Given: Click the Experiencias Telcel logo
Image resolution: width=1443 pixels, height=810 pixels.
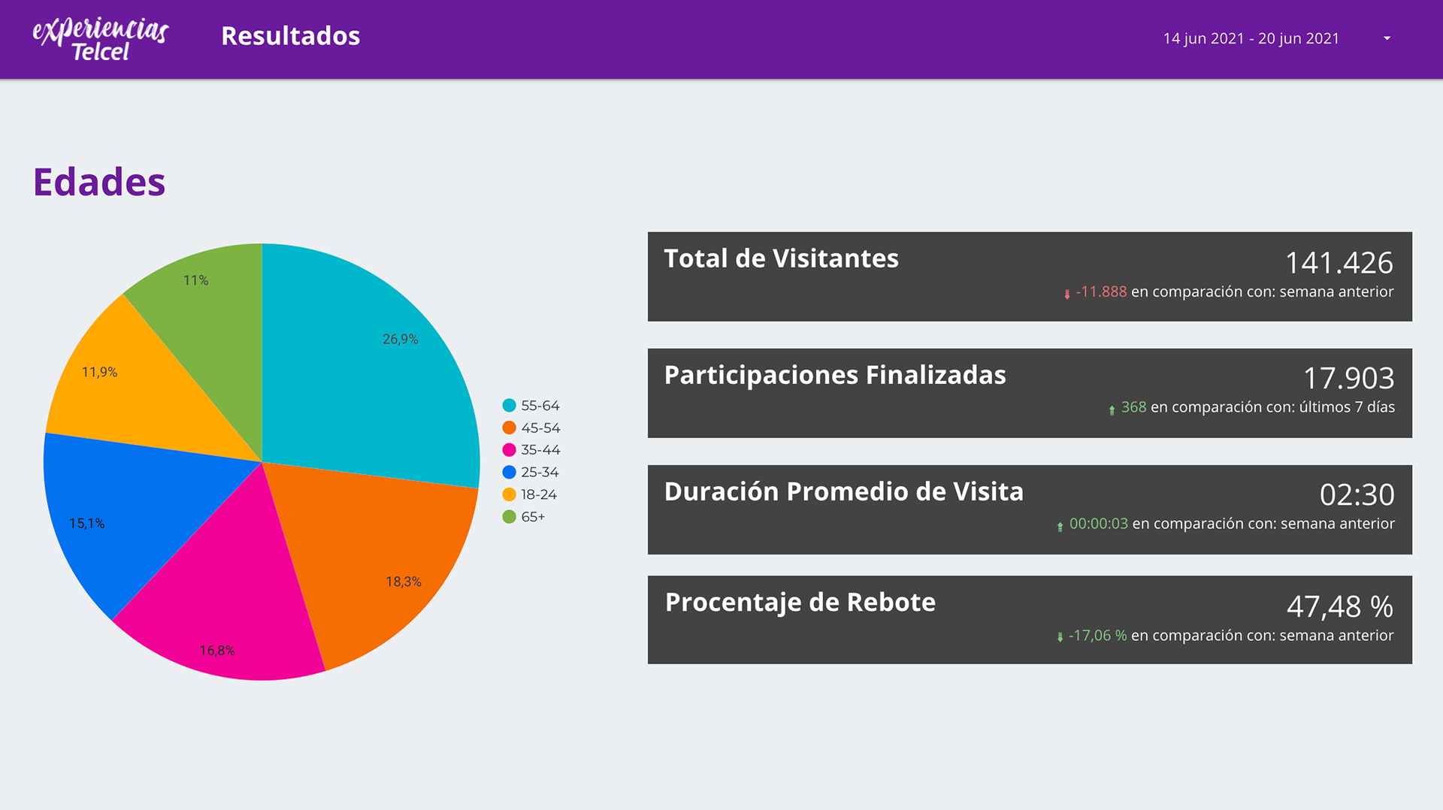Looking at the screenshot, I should point(100,39).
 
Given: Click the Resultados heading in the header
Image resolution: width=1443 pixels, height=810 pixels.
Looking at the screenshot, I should point(290,36).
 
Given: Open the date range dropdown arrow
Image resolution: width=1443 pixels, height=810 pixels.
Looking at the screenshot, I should point(1387,38).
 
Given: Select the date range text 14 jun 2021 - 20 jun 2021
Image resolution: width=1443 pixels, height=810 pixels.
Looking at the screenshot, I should point(1251,38).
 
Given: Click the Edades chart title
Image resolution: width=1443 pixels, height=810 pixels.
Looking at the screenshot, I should point(99,182).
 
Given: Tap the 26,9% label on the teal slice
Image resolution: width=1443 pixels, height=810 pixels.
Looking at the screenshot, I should point(400,339).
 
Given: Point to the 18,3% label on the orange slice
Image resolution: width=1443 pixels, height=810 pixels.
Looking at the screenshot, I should point(403,582).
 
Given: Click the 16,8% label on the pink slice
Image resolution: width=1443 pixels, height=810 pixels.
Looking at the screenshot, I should point(216,651).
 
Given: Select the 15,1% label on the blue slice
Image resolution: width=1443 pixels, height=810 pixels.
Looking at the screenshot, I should point(86,523).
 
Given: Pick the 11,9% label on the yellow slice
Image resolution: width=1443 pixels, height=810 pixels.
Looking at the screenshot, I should point(99,372).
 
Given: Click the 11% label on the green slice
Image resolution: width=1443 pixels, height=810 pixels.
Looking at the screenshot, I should point(195,280).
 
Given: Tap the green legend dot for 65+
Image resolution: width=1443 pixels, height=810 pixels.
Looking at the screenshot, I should point(509,517).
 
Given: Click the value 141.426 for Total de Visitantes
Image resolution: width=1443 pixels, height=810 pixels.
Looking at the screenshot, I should point(1339,263).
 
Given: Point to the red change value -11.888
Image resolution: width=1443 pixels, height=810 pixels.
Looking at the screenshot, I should point(1100,292).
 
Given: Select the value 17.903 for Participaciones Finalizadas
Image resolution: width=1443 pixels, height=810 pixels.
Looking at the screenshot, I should point(1348,378).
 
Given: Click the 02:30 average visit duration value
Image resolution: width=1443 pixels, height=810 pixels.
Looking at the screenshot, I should point(1357,494).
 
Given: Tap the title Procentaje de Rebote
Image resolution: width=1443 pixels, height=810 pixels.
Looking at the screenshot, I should point(800,602).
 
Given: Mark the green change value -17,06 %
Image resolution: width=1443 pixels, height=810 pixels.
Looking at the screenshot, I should point(1097,636).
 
